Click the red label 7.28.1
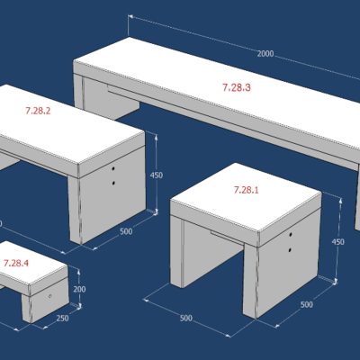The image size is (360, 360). [x=246, y=190]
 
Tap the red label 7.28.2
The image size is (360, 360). [x=38, y=111]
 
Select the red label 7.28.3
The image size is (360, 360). [x=237, y=87]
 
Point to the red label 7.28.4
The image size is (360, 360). [x=16, y=263]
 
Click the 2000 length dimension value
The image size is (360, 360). [x=265, y=54]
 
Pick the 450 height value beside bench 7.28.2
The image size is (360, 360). [x=157, y=175]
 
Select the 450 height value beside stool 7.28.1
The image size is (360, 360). [x=337, y=242]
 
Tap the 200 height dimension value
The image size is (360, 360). [x=79, y=289]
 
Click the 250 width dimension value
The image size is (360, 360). [x=62, y=318]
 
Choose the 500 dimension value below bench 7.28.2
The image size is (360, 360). [x=126, y=231]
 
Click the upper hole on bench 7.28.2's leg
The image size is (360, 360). [x=113, y=169]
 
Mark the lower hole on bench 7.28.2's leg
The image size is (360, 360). [x=113, y=183]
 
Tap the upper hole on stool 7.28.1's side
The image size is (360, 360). [x=291, y=234]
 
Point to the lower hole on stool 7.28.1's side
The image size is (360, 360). [x=290, y=249]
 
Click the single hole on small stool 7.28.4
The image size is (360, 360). [x=50, y=296]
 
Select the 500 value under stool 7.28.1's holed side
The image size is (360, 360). [x=306, y=305]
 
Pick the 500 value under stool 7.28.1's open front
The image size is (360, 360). [x=186, y=318]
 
